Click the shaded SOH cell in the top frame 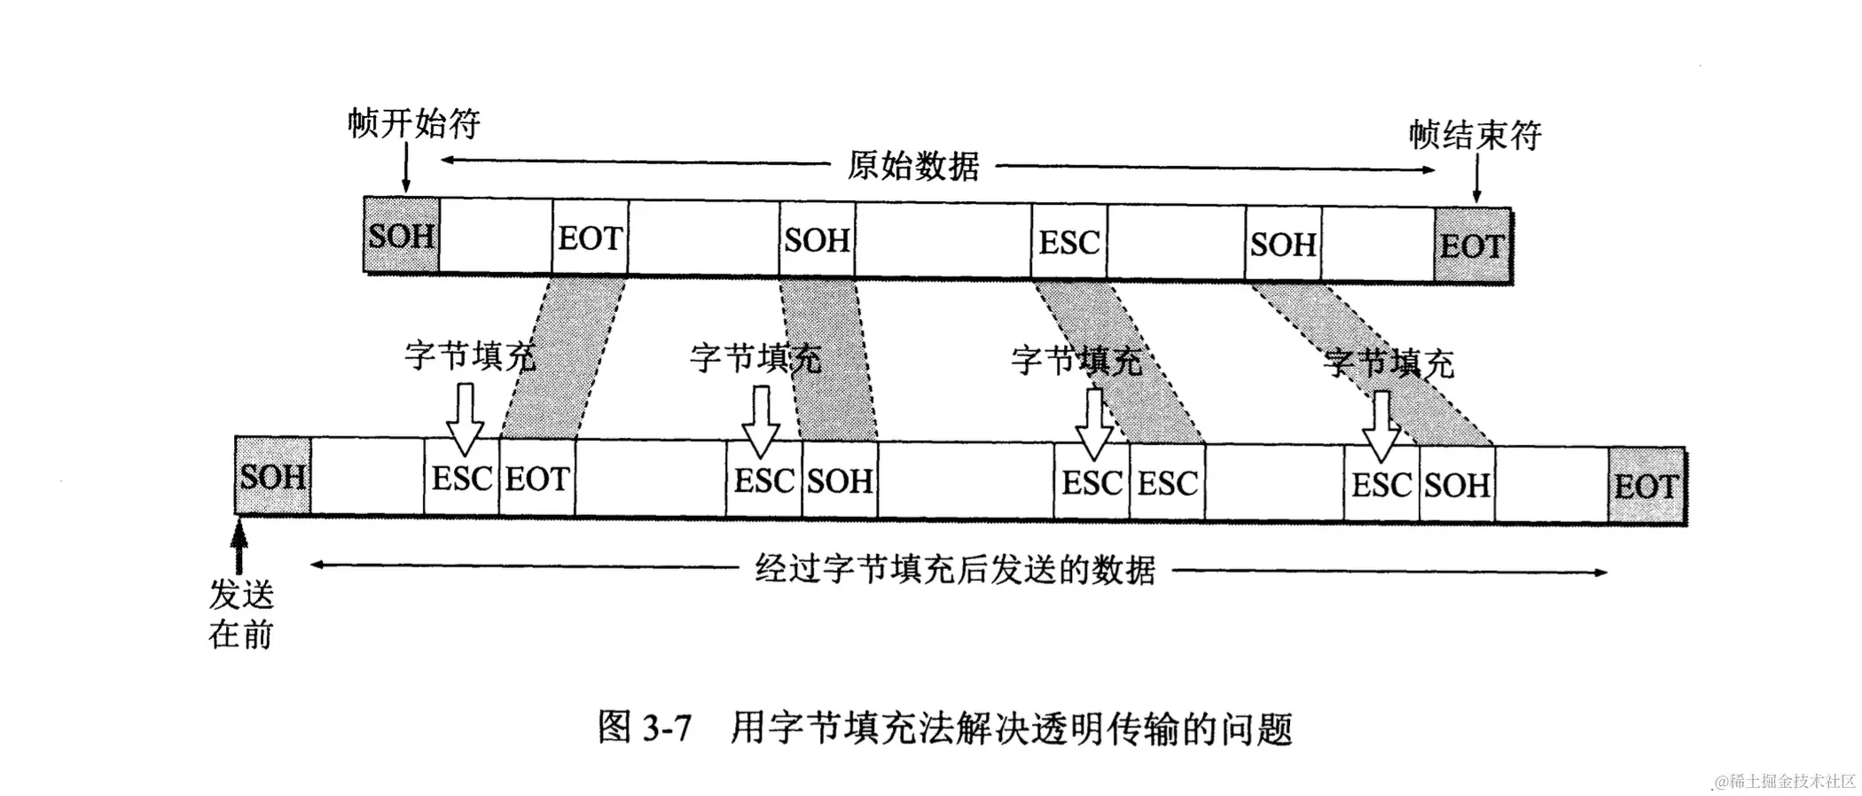pos(401,236)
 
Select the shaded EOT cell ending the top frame pos(1472,246)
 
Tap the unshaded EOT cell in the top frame pos(590,238)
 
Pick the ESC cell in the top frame pos(1069,242)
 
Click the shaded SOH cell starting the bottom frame pos(273,477)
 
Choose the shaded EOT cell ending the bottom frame pos(1647,486)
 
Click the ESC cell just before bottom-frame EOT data pos(461,479)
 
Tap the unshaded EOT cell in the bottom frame pos(537,479)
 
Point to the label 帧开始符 pos(413,123)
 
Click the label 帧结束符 pos(1475,135)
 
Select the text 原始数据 pos(913,166)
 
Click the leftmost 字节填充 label pos(470,355)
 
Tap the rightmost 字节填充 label pos(1389,363)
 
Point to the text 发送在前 pos(241,614)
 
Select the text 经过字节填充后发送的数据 pos(955,570)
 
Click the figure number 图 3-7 pos(645,728)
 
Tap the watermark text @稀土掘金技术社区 pos(1785,781)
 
